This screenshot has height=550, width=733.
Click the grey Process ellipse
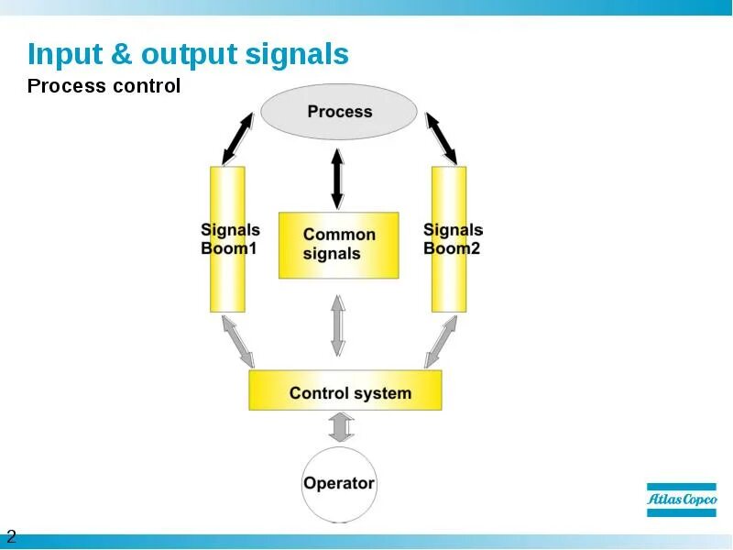point(339,112)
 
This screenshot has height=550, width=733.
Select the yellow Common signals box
point(339,245)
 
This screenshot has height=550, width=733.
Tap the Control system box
point(345,390)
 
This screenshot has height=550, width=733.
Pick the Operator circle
point(339,483)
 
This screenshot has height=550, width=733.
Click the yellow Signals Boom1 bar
point(227,239)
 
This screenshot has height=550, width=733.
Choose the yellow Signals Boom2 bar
point(449,239)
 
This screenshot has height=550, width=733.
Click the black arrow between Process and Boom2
point(441,137)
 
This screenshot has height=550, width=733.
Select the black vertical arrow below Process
point(337,178)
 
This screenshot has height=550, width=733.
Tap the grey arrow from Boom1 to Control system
point(235,341)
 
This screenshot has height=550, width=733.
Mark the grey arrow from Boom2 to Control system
point(441,341)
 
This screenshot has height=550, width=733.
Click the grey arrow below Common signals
point(338,324)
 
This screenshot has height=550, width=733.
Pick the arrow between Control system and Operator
point(341,427)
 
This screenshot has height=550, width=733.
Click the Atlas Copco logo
point(682,500)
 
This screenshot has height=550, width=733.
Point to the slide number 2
point(11,536)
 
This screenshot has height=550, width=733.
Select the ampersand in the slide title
point(122,55)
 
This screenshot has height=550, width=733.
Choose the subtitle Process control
point(104,87)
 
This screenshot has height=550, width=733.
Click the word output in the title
point(190,55)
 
